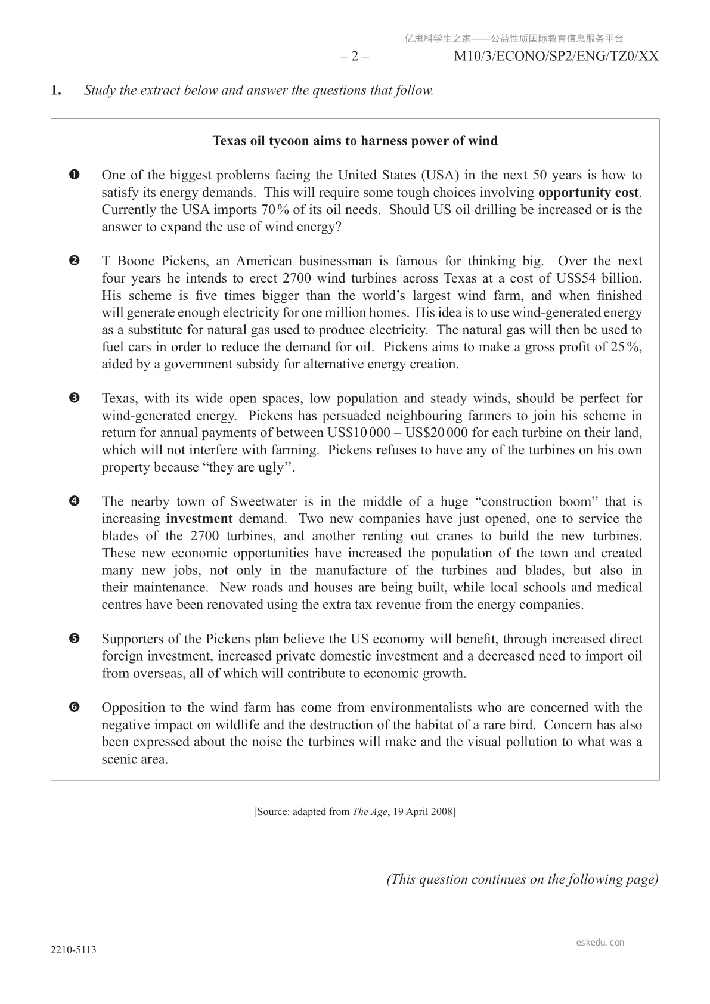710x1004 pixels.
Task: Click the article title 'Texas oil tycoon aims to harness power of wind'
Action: point(355,141)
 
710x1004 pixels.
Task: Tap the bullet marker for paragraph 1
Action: point(75,175)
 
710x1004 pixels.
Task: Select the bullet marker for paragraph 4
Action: point(75,501)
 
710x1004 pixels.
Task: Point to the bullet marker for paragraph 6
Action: point(75,708)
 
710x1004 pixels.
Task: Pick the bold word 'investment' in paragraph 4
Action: point(199,519)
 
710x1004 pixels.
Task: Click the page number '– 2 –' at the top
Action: point(355,57)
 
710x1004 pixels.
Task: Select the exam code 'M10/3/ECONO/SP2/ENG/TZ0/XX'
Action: point(556,57)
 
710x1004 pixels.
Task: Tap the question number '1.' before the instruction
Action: point(56,91)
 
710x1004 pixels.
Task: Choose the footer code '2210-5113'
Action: point(73,950)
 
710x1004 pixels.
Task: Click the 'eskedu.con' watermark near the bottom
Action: point(600,943)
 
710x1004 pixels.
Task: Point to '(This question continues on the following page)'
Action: point(523,879)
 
